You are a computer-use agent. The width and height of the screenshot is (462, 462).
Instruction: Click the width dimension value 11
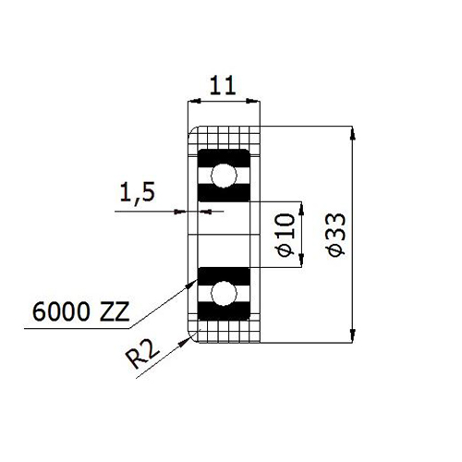click(x=223, y=85)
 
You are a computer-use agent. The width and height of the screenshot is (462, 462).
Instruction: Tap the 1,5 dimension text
click(x=138, y=192)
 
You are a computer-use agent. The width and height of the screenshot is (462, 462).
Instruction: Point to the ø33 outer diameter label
click(x=337, y=235)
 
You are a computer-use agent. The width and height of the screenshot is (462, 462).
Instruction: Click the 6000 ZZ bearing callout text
click(x=80, y=311)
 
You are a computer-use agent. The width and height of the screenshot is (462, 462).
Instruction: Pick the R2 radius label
click(x=143, y=355)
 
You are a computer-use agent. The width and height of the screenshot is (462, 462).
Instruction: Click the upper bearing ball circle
click(x=224, y=176)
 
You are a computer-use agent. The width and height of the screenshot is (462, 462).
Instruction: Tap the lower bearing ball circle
click(x=224, y=294)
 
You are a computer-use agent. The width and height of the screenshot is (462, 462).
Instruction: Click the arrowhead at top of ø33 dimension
click(x=353, y=133)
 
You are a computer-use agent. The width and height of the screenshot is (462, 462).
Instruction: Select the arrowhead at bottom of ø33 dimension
click(x=353, y=335)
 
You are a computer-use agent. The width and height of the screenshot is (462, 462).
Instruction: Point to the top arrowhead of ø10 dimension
click(x=301, y=209)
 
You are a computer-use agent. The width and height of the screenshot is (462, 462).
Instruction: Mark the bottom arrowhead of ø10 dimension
click(x=301, y=260)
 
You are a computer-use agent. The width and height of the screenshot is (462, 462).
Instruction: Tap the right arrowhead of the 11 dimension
click(x=253, y=101)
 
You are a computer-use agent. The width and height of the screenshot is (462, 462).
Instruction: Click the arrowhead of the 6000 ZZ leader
click(x=191, y=284)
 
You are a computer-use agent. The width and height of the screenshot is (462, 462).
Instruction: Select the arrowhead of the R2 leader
click(x=185, y=341)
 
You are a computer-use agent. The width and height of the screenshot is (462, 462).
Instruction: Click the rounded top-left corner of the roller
click(x=192, y=130)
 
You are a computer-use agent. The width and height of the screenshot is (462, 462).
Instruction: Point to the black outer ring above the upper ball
click(x=224, y=158)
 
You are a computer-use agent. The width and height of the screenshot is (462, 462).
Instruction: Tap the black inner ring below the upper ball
click(x=224, y=193)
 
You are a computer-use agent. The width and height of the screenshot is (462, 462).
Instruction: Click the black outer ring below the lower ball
click(x=224, y=311)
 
